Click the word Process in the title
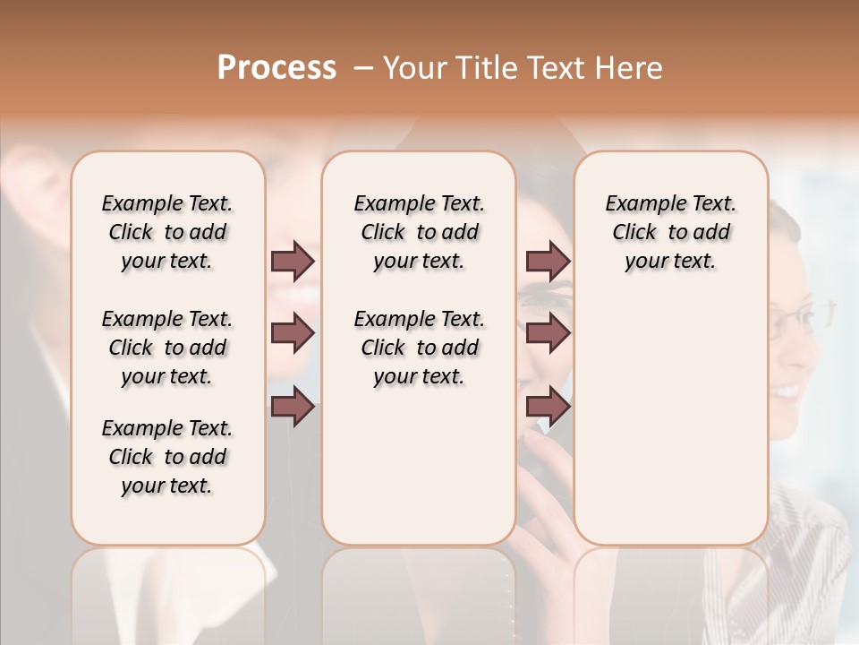(x=276, y=68)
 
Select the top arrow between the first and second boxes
(x=293, y=261)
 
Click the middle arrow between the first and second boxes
(x=293, y=333)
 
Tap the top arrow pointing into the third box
(x=548, y=261)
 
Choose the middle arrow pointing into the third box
(x=548, y=333)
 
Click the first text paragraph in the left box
(x=167, y=232)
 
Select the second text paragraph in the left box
(x=167, y=348)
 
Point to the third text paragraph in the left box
(x=167, y=457)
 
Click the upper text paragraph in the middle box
(x=419, y=232)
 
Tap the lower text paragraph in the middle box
(x=419, y=348)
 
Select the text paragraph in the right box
(x=670, y=232)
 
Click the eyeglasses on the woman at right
(x=801, y=315)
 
